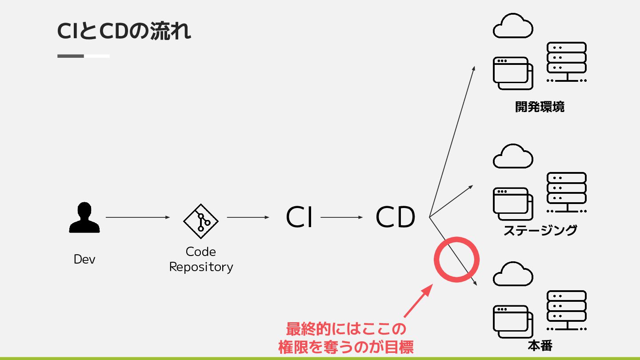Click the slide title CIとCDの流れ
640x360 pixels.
point(124,31)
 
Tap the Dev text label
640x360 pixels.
point(84,259)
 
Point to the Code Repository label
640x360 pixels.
point(201,259)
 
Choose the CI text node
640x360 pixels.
point(299,218)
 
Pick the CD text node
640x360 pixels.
point(395,218)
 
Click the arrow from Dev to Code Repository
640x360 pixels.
point(138,217)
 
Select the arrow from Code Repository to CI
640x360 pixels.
point(248,217)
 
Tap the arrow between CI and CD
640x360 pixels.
point(341,217)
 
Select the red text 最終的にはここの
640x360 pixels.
point(346,330)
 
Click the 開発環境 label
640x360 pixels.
point(540,107)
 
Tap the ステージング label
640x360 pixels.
point(540,230)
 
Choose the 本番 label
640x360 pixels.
point(540,346)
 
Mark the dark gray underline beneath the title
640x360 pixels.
point(71,56)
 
